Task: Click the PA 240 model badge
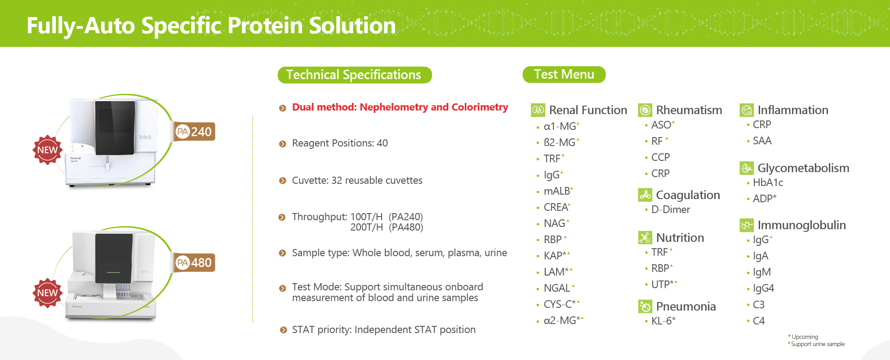click(195, 132)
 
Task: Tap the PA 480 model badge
click(195, 262)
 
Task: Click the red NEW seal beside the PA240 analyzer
click(47, 150)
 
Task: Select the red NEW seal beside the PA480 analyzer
click(47, 293)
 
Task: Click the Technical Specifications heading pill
click(354, 75)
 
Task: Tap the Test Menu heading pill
click(564, 74)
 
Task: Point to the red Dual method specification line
click(400, 107)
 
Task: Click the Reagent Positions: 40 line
click(339, 143)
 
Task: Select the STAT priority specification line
click(383, 330)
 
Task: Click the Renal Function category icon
click(538, 110)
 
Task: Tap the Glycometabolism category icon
click(747, 168)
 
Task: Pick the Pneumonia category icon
click(645, 307)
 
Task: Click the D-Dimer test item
click(670, 209)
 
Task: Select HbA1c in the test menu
click(768, 182)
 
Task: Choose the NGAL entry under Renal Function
click(557, 288)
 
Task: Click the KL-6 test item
click(663, 321)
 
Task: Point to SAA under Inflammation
click(762, 141)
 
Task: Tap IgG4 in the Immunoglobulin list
click(763, 288)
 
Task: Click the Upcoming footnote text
click(805, 337)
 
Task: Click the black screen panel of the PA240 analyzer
click(115, 127)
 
